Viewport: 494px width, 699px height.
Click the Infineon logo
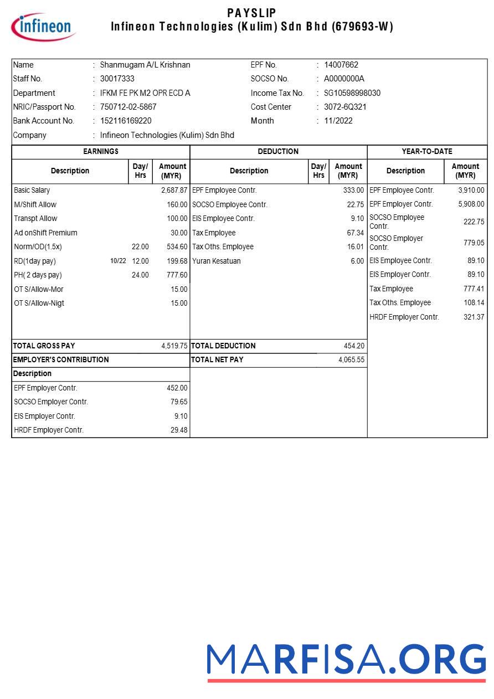point(43,27)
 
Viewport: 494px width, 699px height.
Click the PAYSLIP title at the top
point(251,13)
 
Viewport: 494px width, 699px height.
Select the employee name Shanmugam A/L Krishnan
point(145,65)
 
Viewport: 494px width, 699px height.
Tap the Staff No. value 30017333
point(117,79)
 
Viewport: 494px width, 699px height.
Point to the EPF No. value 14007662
point(341,65)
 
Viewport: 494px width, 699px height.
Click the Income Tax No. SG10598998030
point(352,93)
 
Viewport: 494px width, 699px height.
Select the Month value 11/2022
point(338,121)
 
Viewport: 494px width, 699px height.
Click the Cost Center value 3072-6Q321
point(345,107)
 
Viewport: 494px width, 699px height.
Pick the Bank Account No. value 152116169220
point(126,121)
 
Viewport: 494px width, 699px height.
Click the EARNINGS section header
point(101,151)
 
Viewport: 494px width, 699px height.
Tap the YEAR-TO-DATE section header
point(427,151)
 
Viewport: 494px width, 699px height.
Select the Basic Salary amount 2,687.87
point(174,190)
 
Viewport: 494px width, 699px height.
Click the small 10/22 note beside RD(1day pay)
point(118,261)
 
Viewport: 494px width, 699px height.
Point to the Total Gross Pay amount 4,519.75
point(174,346)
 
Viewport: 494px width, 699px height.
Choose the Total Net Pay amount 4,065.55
point(351,359)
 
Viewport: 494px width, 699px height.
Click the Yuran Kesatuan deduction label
point(217,261)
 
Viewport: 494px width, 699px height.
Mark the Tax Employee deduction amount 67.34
point(355,233)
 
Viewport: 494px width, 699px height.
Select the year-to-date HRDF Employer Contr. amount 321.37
point(474,317)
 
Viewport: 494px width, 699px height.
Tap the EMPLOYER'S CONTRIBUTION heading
point(61,359)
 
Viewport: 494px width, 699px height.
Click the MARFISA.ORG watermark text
point(346,660)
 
